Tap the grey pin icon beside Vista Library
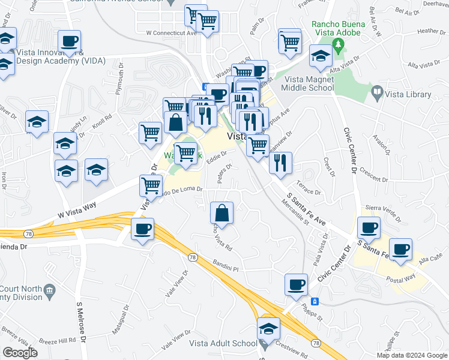[x=378, y=93]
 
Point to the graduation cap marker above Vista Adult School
[x=268, y=328]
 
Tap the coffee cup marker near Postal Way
[x=400, y=249]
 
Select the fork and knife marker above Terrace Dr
[x=280, y=163]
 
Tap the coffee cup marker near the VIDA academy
[x=69, y=42]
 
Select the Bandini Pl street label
[x=224, y=265]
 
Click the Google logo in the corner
[x=19, y=353]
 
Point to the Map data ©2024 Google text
[x=411, y=355]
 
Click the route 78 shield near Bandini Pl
[x=192, y=257]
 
